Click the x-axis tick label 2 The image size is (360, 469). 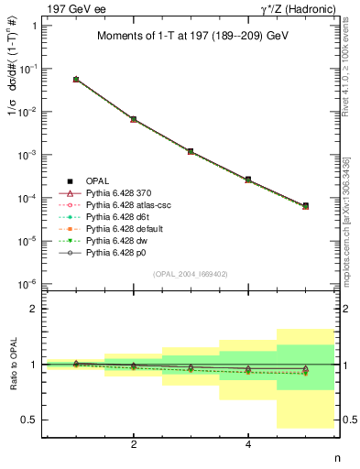134,444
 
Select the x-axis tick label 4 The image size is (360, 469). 248,444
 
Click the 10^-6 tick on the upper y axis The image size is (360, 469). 28,284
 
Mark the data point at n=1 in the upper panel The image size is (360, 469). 76,80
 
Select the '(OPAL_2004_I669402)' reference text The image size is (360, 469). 191,273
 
